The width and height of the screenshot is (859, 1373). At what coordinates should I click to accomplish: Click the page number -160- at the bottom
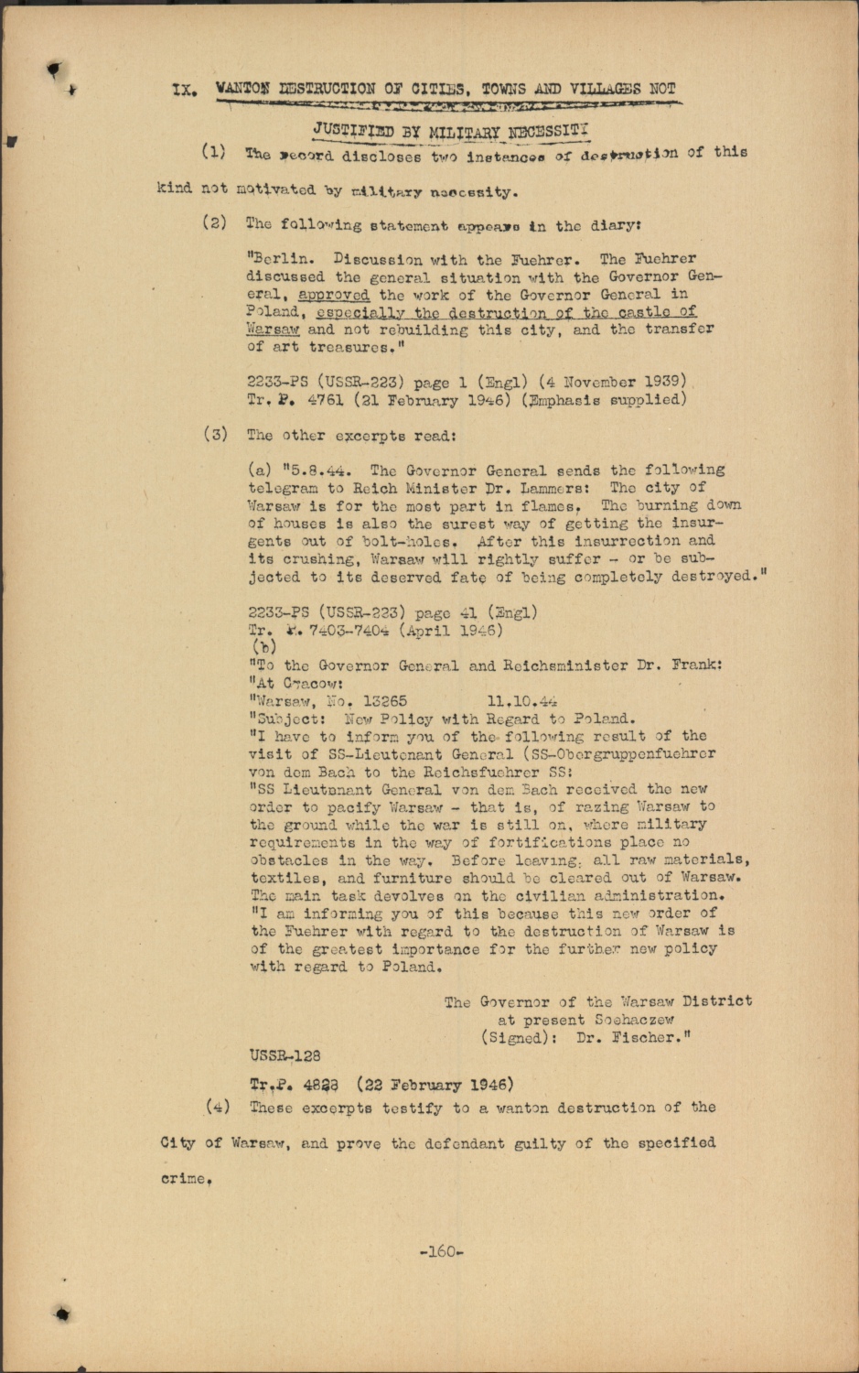pyautogui.click(x=441, y=1251)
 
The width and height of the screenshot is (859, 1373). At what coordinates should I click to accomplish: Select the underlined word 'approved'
pyautogui.click(x=334, y=295)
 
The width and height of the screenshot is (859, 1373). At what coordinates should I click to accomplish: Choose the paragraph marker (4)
pyautogui.click(x=217, y=1108)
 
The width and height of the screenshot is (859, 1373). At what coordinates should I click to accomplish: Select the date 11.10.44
pyautogui.click(x=522, y=701)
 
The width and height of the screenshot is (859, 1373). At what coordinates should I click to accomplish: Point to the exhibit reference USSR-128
pyautogui.click(x=285, y=1055)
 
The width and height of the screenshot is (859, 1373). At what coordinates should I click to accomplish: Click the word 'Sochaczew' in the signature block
pyautogui.click(x=634, y=1020)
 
